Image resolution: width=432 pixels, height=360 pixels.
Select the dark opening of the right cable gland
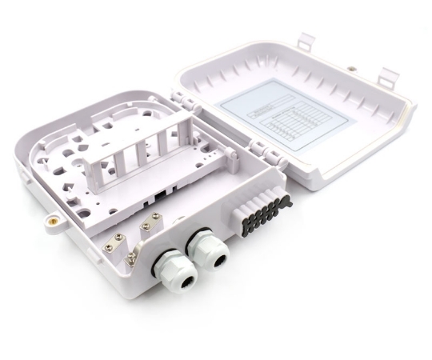(218, 257)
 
